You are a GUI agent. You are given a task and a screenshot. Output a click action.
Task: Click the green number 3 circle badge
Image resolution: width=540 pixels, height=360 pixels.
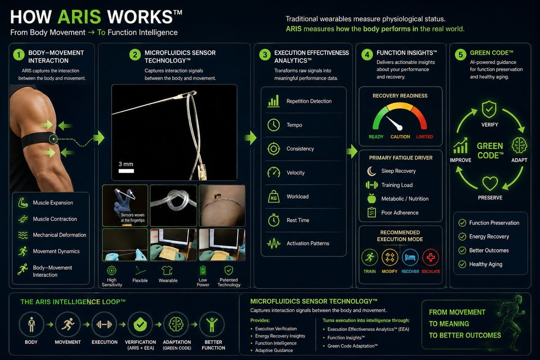(265, 55)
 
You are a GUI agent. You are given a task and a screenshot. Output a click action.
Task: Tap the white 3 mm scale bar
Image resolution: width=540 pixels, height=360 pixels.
(126, 171)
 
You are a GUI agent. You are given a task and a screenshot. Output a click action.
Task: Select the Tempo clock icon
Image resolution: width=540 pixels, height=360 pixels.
(274, 125)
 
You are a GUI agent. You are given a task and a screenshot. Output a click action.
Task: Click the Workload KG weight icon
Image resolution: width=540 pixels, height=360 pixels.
(274, 197)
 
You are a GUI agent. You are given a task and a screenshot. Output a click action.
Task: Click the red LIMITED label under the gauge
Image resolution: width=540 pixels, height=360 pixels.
(424, 137)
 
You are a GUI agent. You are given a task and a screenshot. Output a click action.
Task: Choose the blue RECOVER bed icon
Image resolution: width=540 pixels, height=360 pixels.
(410, 257)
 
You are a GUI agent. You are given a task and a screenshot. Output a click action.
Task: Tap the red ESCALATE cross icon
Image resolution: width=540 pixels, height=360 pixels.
(431, 257)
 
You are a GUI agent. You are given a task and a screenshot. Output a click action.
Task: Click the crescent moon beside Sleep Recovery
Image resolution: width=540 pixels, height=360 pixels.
(371, 171)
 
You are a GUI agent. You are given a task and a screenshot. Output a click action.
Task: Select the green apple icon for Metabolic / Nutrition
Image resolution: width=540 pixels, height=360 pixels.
(372, 198)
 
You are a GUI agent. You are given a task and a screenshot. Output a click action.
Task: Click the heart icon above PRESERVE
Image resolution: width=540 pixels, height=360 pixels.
(490, 183)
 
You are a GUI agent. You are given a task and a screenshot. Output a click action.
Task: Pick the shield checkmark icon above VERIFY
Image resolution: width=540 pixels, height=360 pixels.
(489, 109)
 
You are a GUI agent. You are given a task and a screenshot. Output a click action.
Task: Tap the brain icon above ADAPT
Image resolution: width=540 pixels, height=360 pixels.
(519, 145)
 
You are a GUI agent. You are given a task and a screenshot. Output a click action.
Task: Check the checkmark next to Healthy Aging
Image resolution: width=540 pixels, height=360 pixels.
(462, 264)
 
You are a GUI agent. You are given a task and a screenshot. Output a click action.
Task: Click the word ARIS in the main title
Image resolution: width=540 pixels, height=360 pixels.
(79, 17)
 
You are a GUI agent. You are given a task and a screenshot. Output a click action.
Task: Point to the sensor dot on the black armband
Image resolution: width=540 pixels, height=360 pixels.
(53, 139)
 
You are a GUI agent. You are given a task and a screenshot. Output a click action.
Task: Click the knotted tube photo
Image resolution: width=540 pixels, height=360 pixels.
(173, 206)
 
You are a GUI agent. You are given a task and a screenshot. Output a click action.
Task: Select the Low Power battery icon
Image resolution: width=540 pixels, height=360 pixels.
(203, 270)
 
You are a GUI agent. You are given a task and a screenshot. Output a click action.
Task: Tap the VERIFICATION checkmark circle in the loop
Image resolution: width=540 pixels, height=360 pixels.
(140, 324)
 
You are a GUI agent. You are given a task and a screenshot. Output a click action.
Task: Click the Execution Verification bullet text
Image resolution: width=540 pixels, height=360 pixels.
(276, 328)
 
